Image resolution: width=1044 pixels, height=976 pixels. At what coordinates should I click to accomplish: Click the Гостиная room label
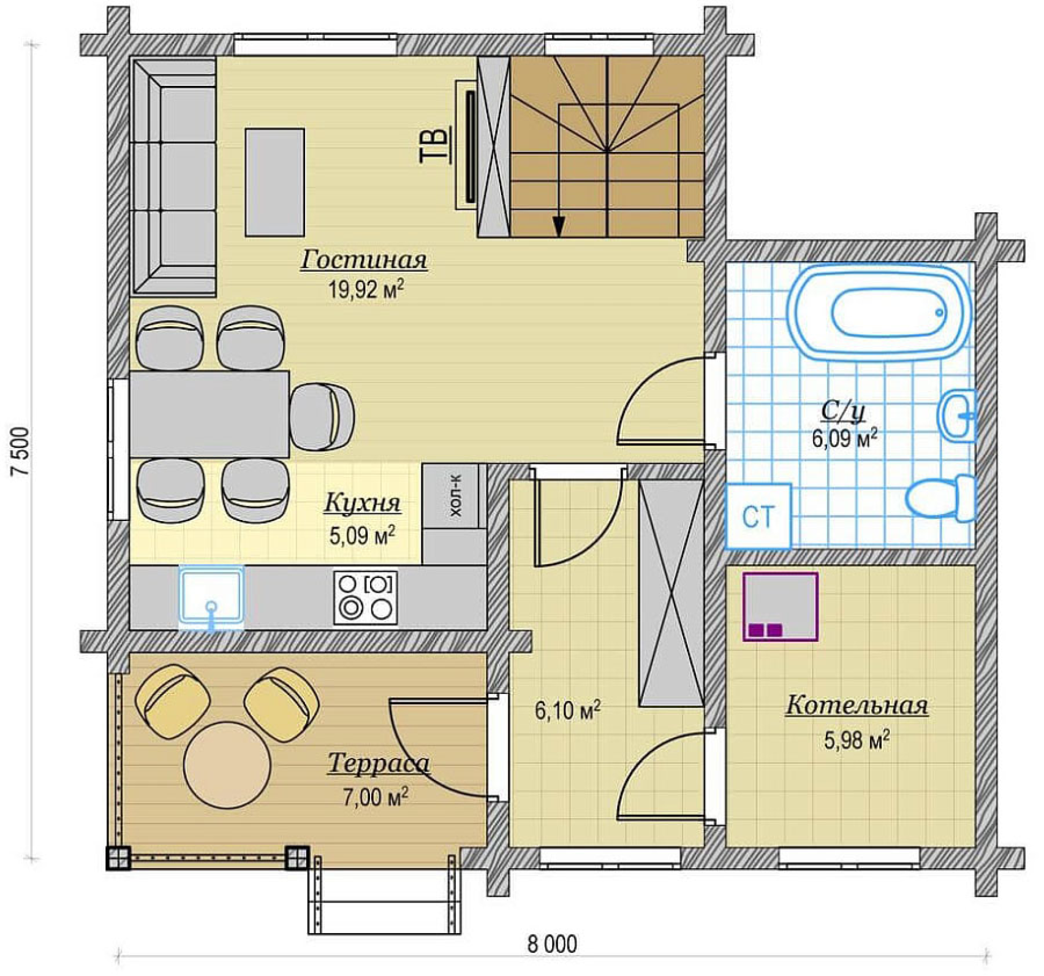point(363,259)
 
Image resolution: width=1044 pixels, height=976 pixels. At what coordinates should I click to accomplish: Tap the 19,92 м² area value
point(366,289)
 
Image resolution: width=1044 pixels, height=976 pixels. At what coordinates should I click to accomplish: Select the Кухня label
point(362,502)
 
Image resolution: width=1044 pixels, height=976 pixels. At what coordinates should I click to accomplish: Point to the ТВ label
point(434,145)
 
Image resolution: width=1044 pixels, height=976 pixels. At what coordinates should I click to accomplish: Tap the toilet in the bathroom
point(940,497)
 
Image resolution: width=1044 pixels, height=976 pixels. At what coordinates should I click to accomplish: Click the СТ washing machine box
point(758,516)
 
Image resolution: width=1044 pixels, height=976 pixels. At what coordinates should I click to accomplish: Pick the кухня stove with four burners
point(366,598)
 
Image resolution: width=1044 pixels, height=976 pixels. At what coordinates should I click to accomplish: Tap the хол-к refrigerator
point(454,495)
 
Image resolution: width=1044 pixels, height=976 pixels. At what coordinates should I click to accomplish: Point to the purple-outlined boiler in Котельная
point(781,607)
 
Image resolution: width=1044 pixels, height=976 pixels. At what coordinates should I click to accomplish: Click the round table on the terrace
point(227,764)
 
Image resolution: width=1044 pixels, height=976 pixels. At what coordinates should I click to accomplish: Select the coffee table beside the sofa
point(275,182)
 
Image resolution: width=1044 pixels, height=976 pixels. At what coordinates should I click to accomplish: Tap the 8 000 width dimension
point(552,944)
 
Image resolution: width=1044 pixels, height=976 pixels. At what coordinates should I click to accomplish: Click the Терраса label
point(379,764)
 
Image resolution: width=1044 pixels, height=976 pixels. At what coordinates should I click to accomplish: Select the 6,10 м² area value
point(567,711)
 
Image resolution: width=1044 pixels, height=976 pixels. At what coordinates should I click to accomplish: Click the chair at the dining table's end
point(322,417)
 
